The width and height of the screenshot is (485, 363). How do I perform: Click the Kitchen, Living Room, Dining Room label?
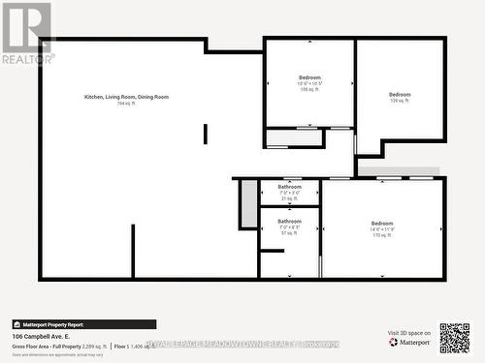pos(126,97)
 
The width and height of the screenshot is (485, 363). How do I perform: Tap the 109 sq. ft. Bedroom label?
pos(309,77)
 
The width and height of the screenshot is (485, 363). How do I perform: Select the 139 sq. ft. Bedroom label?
pos(400,95)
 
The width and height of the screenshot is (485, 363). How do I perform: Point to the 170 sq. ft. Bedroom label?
pos(381,224)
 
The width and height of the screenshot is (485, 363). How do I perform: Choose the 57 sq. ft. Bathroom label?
pos(289,222)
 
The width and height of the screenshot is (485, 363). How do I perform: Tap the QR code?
pos(454,338)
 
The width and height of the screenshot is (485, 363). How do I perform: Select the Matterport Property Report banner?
pos(49,324)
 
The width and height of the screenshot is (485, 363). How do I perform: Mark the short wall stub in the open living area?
pos(205,134)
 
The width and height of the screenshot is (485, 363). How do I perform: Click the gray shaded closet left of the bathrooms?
pos(249,203)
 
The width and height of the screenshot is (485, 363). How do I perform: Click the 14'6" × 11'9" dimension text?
pos(381,229)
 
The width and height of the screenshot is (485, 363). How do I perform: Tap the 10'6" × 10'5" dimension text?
pos(309,83)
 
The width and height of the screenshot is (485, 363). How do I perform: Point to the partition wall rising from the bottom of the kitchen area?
pos(133,252)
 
